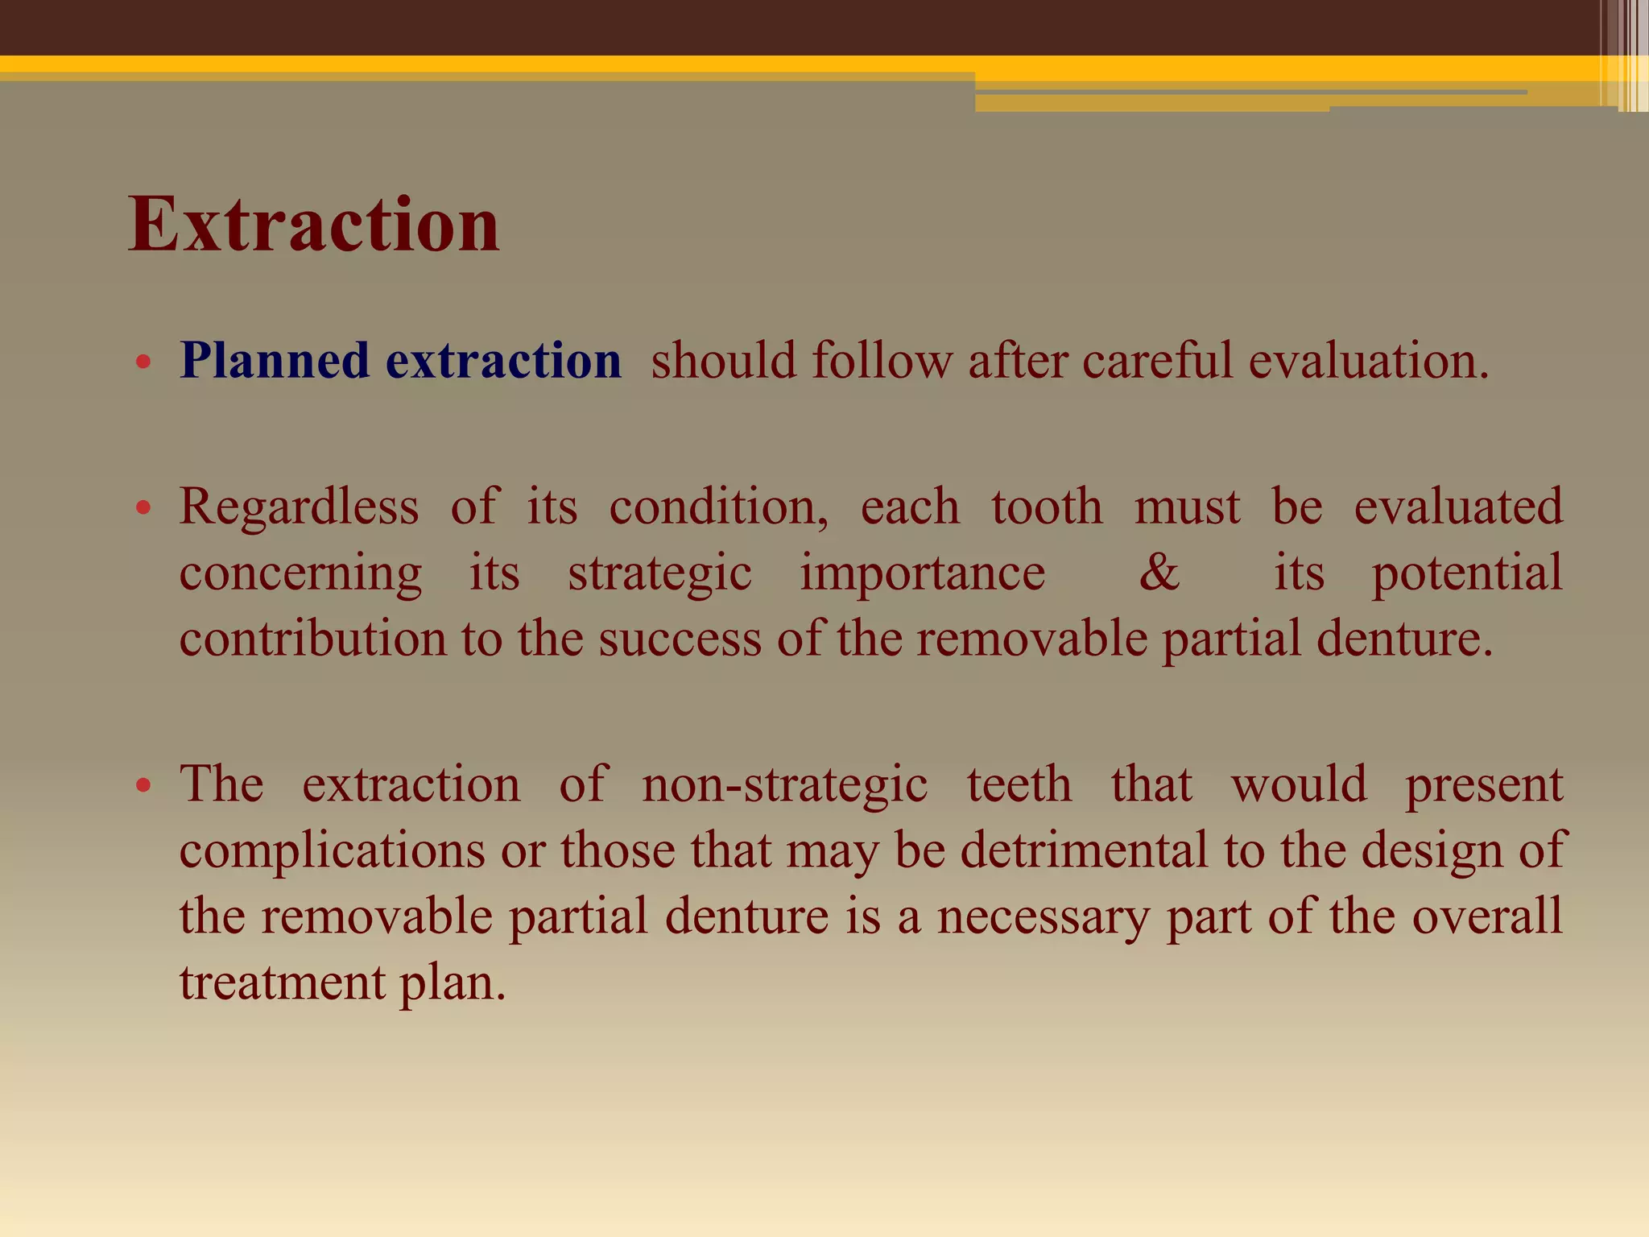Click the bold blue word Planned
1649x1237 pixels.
275,360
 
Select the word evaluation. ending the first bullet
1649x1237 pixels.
1369,360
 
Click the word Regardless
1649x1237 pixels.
299,507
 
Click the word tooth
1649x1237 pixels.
1047,507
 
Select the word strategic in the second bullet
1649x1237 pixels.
659,574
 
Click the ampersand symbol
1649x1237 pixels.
1159,573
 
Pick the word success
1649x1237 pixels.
680,640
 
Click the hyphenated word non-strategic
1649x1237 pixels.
784,785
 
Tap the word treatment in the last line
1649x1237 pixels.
282,983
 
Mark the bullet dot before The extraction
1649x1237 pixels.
144,786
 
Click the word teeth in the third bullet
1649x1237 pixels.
1019,784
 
